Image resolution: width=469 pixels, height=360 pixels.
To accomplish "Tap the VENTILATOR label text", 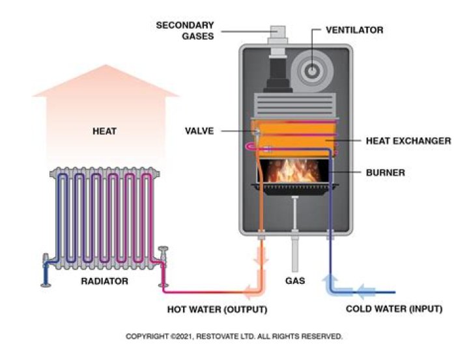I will tap(354, 30).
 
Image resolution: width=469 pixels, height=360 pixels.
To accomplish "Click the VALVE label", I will tap(199, 131).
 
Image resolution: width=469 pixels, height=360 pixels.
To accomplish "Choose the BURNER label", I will tap(386, 173).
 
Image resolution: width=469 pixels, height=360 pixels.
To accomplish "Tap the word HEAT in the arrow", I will tap(104, 131).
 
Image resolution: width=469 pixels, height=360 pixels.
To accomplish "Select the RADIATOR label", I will tap(104, 282).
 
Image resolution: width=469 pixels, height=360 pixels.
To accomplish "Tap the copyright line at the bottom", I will tap(234, 337).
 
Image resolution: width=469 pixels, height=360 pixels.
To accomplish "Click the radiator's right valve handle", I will tap(163, 251).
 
